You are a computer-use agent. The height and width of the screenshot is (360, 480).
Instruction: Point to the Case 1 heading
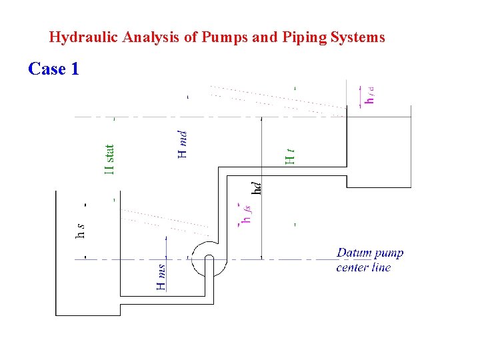53,69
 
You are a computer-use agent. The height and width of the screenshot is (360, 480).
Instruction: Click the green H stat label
111,160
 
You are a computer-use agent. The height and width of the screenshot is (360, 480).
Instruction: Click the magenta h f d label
369,95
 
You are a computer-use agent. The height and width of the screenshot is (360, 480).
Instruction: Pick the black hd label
256,184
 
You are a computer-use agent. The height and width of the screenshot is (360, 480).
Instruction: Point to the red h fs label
246,213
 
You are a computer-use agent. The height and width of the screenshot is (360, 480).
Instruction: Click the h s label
80,230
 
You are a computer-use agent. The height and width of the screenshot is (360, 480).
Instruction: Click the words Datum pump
370,253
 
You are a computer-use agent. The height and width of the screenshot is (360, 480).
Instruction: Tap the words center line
363,268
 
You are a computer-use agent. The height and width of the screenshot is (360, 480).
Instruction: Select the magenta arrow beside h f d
361,95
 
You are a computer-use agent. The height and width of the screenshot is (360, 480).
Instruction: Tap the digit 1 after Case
74,69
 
